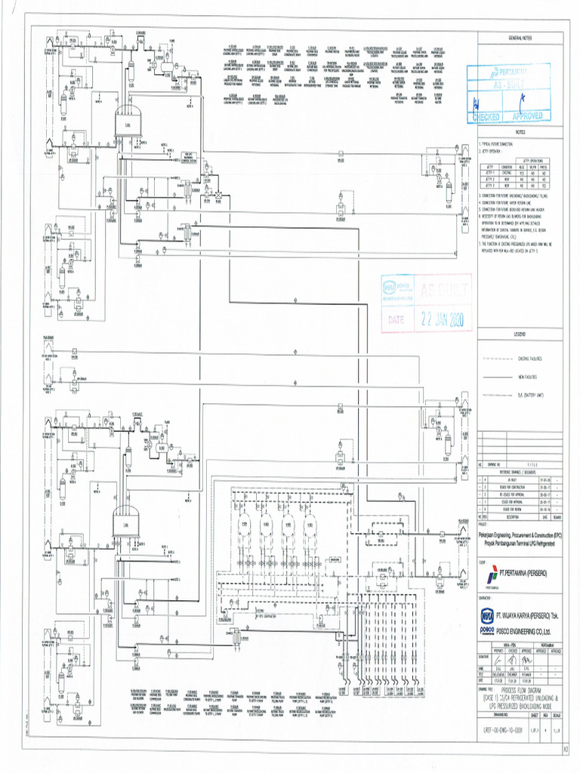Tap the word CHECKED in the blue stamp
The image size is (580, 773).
point(486,117)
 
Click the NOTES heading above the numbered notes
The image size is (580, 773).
point(520,131)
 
